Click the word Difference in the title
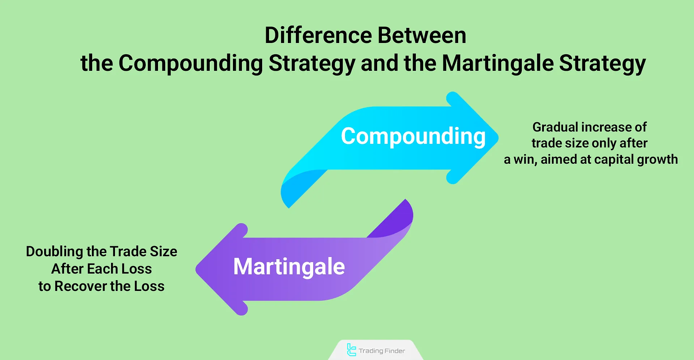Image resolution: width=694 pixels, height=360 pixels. click(319, 35)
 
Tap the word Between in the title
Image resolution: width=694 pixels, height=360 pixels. click(422, 35)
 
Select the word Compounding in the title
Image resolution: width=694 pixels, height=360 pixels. click(191, 64)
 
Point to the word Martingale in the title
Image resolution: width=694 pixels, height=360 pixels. click(498, 64)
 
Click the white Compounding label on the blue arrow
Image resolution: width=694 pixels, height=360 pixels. click(413, 137)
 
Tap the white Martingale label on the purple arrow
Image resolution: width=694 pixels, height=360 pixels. click(289, 267)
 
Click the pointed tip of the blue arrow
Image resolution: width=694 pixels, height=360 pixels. click(498, 138)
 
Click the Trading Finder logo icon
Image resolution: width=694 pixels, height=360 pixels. click(351, 350)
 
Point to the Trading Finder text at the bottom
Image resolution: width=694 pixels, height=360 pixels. click(382, 351)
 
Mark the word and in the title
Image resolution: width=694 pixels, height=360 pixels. click(380, 63)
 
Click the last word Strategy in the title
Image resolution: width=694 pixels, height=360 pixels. click(603, 64)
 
